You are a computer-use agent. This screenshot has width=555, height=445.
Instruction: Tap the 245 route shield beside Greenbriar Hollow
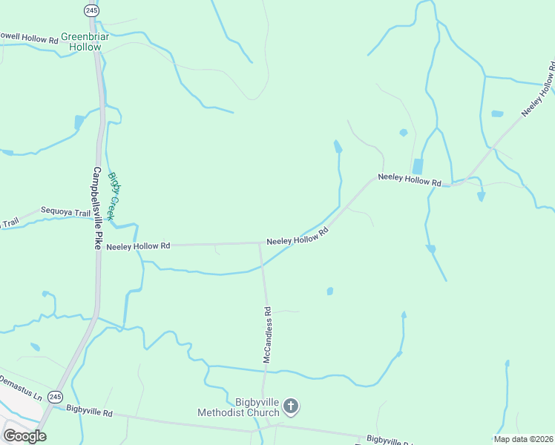[91, 10]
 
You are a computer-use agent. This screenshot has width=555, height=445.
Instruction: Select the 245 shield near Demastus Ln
[55, 397]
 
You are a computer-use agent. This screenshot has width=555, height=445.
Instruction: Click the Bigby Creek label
[113, 196]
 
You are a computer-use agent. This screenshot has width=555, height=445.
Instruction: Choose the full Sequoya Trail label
[65, 213]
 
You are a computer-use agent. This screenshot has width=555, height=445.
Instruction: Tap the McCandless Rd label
[268, 336]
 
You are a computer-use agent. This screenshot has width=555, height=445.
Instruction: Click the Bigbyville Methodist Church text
[237, 407]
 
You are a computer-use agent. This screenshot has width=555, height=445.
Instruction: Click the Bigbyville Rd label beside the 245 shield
[88, 409]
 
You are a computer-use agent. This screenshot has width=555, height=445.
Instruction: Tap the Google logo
[24, 435]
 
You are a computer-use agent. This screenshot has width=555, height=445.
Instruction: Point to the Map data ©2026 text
[523, 438]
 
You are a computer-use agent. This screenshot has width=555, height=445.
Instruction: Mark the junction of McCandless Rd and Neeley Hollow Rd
[260, 243]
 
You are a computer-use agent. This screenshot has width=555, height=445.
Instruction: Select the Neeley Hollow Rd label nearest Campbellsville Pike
[138, 246]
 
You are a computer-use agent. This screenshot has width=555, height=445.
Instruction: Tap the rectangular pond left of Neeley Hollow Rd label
[417, 167]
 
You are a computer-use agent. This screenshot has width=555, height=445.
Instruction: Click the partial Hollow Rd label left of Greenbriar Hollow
[29, 36]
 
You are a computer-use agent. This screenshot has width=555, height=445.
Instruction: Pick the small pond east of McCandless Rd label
[329, 291]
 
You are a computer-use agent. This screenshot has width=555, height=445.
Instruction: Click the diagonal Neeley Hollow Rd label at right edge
[539, 92]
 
